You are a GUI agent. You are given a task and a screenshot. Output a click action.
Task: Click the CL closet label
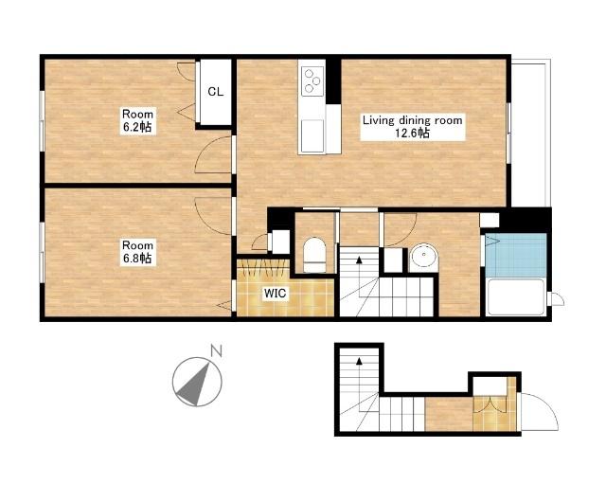[x=215, y=92]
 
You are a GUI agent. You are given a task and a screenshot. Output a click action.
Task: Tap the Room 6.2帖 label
[x=137, y=120]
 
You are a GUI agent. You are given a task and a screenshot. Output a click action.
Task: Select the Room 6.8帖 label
[x=137, y=252]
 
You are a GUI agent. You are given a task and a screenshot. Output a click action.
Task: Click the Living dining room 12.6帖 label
[x=412, y=126]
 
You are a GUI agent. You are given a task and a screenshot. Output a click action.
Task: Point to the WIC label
[x=276, y=294]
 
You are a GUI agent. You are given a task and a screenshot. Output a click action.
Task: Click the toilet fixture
[x=314, y=255]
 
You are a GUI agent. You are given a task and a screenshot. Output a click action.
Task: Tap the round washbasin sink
[x=424, y=257]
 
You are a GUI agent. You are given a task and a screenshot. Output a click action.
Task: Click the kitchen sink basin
[x=312, y=135]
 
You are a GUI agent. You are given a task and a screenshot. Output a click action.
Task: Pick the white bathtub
[x=516, y=296]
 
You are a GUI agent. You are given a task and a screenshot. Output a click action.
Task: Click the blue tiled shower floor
[x=516, y=255]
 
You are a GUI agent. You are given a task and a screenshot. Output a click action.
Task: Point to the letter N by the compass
[x=216, y=351]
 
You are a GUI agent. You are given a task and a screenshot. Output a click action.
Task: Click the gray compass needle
[x=195, y=385]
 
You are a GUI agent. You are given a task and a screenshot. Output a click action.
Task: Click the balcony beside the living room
[x=530, y=133]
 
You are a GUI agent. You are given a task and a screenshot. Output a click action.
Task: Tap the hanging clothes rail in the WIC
[x=263, y=267]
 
